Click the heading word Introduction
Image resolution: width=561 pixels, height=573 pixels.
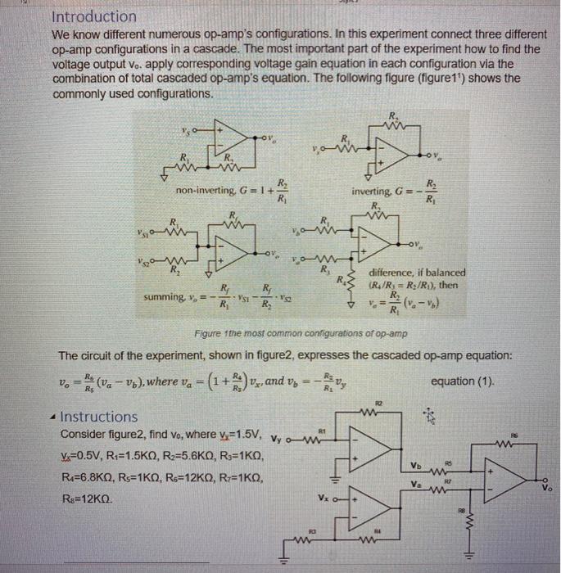pyautogui.click(x=94, y=16)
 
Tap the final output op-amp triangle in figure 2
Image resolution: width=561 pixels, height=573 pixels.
pyautogui.click(x=504, y=477)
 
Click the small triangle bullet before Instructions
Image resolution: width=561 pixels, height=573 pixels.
pyautogui.click(x=55, y=416)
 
